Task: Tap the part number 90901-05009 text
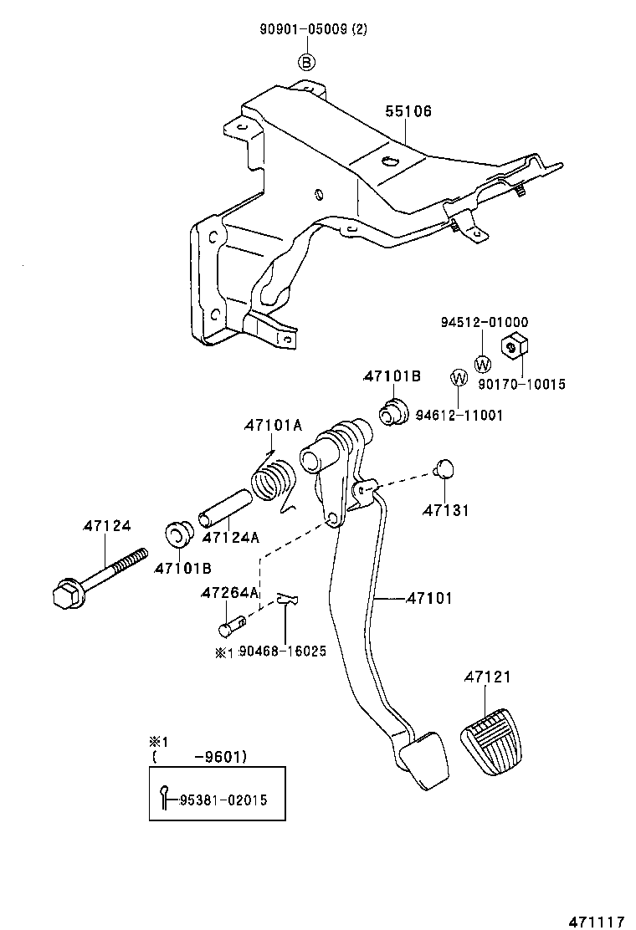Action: (304, 30)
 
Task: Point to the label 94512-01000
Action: (485, 322)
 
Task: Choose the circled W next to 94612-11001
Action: (459, 378)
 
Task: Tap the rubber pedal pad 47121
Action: (494, 740)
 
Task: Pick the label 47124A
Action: (230, 538)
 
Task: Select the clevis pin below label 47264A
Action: (232, 625)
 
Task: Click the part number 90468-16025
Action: (281, 652)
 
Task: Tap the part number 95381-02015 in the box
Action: (223, 800)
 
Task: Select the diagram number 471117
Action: (597, 921)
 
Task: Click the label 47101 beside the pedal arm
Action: (429, 598)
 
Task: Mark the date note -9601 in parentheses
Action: (219, 758)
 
